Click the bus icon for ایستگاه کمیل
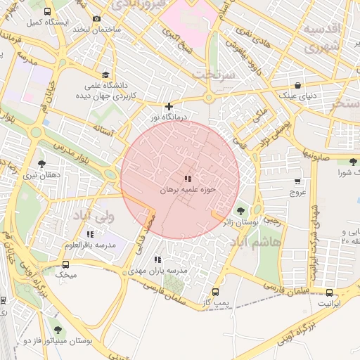48,11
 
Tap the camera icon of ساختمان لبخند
96,18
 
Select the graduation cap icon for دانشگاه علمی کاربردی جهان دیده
105,75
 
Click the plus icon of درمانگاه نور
169,107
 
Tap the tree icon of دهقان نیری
41,163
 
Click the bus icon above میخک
65,264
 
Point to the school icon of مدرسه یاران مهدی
157,259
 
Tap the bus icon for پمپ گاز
215,292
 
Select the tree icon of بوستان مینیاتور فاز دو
57,329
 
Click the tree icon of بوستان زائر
241,211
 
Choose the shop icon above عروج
298,181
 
